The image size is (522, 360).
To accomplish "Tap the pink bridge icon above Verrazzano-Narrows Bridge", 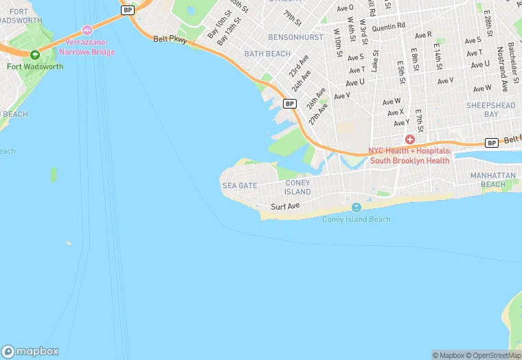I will click(87, 30).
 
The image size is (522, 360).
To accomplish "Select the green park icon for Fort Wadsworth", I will click(34, 54).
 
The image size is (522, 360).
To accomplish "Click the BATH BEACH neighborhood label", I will click(267, 53).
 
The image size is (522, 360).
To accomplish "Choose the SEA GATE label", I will click(239, 185).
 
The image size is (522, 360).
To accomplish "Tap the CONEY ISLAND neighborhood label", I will click(297, 187).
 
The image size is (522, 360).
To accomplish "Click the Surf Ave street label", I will click(285, 206).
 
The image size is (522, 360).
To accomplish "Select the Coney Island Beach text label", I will click(356, 219).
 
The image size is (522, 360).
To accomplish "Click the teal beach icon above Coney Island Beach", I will click(356, 207).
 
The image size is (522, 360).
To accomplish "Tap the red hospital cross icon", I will click(409, 139).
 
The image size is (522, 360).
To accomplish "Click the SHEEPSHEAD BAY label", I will click(490, 109).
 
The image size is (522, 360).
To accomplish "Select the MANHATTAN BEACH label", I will click(492, 180).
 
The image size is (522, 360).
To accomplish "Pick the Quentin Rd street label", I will click(389, 28).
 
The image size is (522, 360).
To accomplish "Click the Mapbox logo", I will click(30, 351).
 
